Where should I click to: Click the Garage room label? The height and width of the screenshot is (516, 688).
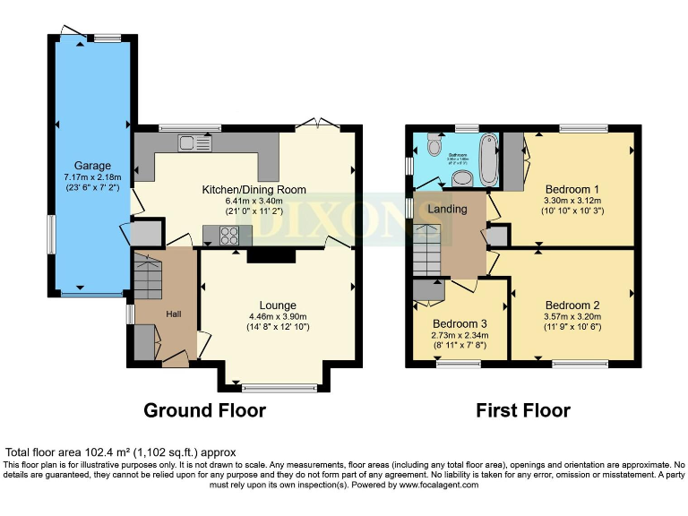coord(92,166)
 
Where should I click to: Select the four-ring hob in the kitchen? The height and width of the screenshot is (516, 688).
coord(228,235)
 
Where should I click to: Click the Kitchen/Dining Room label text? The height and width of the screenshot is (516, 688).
coord(254,189)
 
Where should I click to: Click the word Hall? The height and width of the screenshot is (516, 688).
coord(175,314)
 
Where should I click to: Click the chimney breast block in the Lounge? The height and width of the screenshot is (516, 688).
coord(270,256)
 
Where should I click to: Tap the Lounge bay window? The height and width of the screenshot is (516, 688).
coord(272,387)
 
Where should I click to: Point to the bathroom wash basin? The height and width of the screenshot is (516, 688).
coord(463,179)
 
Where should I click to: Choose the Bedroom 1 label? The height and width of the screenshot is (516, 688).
coord(572,189)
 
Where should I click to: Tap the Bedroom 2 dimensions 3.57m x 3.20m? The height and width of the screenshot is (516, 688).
coord(572,317)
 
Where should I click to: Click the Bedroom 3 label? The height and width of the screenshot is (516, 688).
coord(460,323)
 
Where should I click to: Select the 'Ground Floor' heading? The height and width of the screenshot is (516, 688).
coord(205,411)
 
